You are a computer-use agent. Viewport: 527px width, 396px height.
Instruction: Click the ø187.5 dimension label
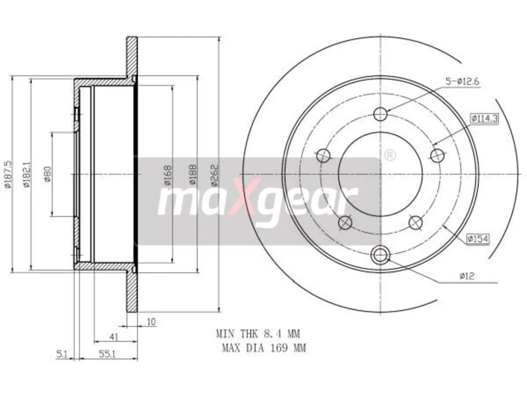(8, 174)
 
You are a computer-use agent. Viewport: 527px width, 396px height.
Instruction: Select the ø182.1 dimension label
(27, 174)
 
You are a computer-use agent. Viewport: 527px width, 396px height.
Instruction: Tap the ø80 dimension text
(47, 174)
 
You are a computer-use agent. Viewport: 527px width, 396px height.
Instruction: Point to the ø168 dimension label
(168, 175)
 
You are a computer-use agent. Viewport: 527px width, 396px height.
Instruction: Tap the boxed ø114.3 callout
(485, 118)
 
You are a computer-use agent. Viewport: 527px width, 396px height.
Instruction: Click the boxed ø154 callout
(478, 239)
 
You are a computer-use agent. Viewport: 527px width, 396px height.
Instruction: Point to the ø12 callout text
(467, 276)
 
